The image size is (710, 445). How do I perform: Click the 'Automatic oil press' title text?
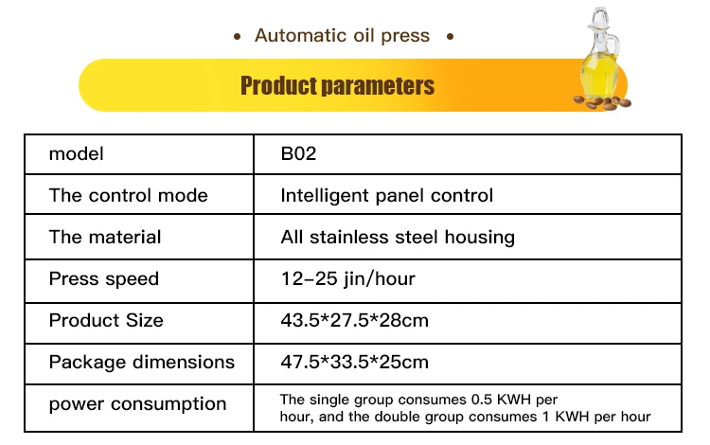click(x=342, y=36)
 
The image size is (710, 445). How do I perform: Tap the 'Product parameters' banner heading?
click(x=337, y=85)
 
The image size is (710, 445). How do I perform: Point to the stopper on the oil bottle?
click(x=600, y=17)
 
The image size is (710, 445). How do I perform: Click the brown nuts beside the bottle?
click(x=603, y=103)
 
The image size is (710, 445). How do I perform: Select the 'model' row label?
click(x=76, y=154)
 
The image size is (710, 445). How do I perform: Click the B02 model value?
click(x=298, y=154)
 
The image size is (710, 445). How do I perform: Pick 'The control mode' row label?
click(x=128, y=196)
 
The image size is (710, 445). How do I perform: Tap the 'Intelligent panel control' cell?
click(x=386, y=196)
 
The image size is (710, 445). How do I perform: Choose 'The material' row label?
click(x=104, y=238)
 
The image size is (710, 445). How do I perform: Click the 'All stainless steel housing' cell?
click(x=398, y=238)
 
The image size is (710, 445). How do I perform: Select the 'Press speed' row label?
click(x=104, y=279)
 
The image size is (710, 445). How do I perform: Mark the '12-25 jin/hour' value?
click(x=347, y=279)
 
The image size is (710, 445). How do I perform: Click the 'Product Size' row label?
click(x=106, y=321)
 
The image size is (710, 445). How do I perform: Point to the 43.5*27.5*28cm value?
click(x=355, y=321)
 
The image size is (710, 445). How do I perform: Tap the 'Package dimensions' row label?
click(x=142, y=363)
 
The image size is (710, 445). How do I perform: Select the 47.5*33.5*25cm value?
click(x=355, y=363)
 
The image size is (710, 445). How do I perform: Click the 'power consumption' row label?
click(x=137, y=403)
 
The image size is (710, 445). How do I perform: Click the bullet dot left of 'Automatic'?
click(x=237, y=37)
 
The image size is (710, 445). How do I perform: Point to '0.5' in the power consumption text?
click(x=481, y=400)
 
